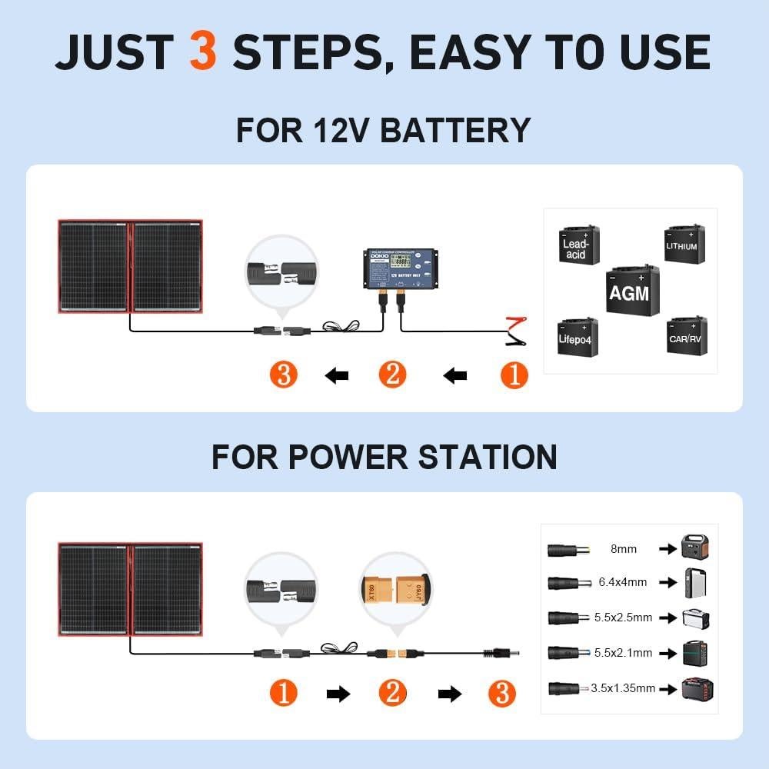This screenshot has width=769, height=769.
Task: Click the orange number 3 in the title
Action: pos(202,52)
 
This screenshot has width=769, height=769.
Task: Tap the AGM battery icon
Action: pos(628,290)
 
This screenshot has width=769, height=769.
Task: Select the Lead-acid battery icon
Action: pos(576,245)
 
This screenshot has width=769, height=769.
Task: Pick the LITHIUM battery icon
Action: pos(682,244)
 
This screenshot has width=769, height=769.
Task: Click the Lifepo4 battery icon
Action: pos(576,335)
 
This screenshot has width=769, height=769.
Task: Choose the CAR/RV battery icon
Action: pos(684,335)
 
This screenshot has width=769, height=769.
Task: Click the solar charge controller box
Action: pos(398,271)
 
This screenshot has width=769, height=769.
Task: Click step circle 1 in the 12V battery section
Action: pos(514,375)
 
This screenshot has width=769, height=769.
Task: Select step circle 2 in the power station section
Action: pos(392,694)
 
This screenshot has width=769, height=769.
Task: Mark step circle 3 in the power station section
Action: pos(501,694)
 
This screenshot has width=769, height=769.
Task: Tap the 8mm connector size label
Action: pos(624,549)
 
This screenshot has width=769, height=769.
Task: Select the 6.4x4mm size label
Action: pos(624,582)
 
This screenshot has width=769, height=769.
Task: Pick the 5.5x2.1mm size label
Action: pos(624,653)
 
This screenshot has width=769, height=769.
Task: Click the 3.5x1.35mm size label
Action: pos(624,688)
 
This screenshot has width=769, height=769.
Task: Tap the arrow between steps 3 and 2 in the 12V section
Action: pos(336,376)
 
